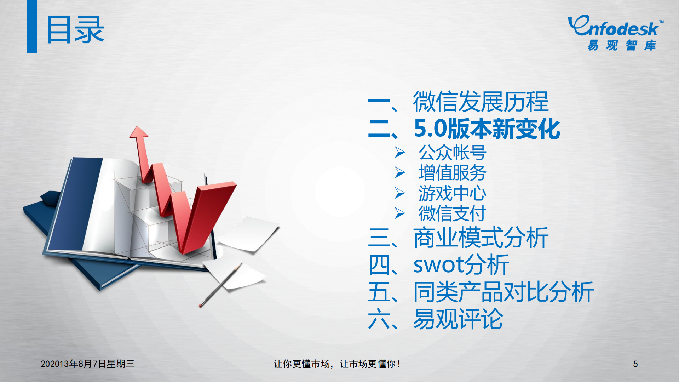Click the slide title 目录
[x=75, y=30]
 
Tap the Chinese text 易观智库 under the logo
[x=622, y=45]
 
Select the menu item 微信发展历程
[x=481, y=102]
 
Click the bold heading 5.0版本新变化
[x=487, y=129]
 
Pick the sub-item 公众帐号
[x=452, y=153]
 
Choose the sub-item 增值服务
[x=452, y=173]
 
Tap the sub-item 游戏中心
[x=452, y=193]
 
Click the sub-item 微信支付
[x=452, y=213]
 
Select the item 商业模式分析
[x=481, y=238]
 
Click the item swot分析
[x=461, y=265]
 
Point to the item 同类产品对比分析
[x=503, y=292]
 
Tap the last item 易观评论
[x=458, y=319]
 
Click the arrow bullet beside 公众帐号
[x=400, y=153]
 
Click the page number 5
[x=635, y=364]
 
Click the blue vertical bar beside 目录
[x=32, y=27]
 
